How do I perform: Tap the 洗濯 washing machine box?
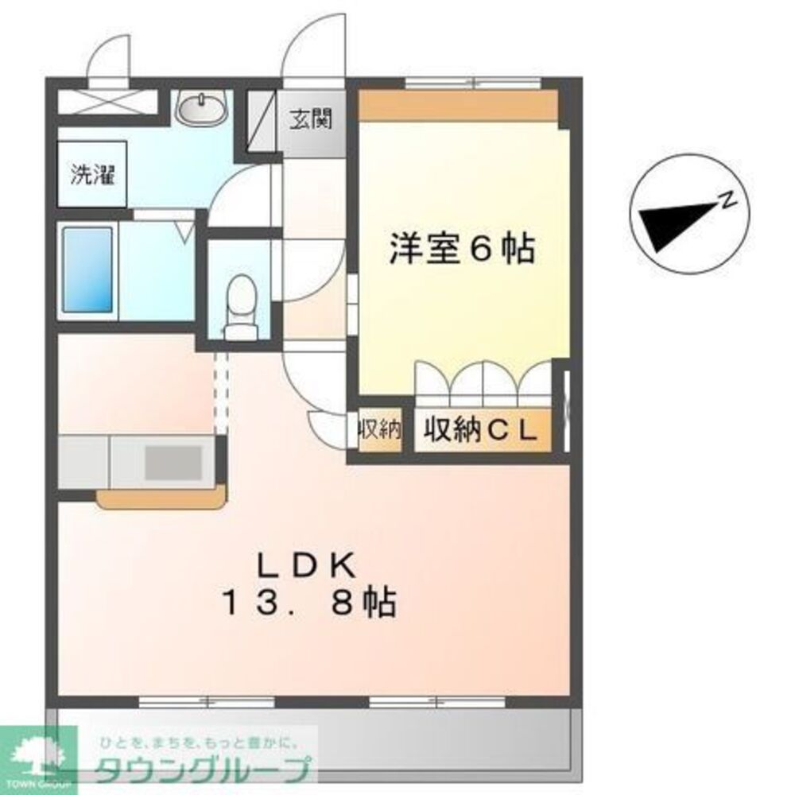point(92,175)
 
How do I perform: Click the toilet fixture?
point(238,306)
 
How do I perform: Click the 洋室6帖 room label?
point(461,249)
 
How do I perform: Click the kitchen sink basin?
point(172,461)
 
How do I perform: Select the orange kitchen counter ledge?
point(161,498)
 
